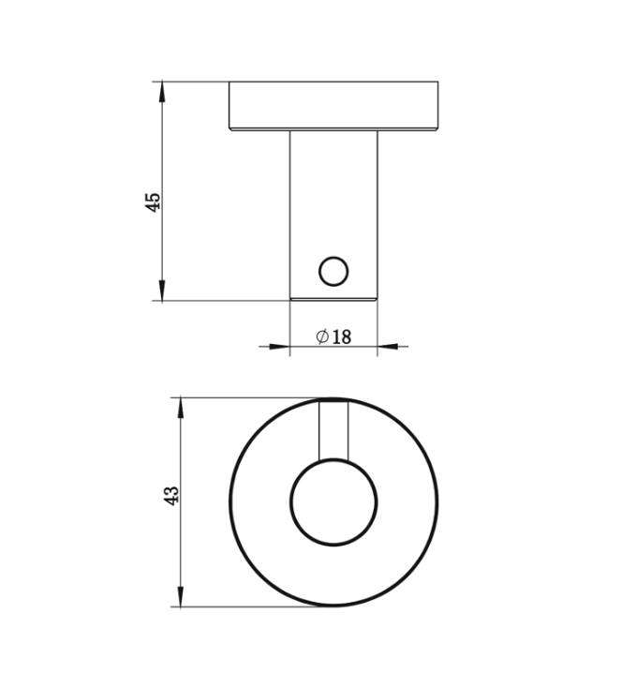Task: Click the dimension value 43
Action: (170, 496)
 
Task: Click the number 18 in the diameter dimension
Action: (341, 336)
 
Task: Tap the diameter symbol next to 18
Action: (321, 336)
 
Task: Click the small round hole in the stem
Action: (333, 272)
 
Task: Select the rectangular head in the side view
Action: (333, 106)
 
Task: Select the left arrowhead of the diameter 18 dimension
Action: (278, 347)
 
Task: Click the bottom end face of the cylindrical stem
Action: (333, 298)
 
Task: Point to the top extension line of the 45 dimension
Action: (192, 82)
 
